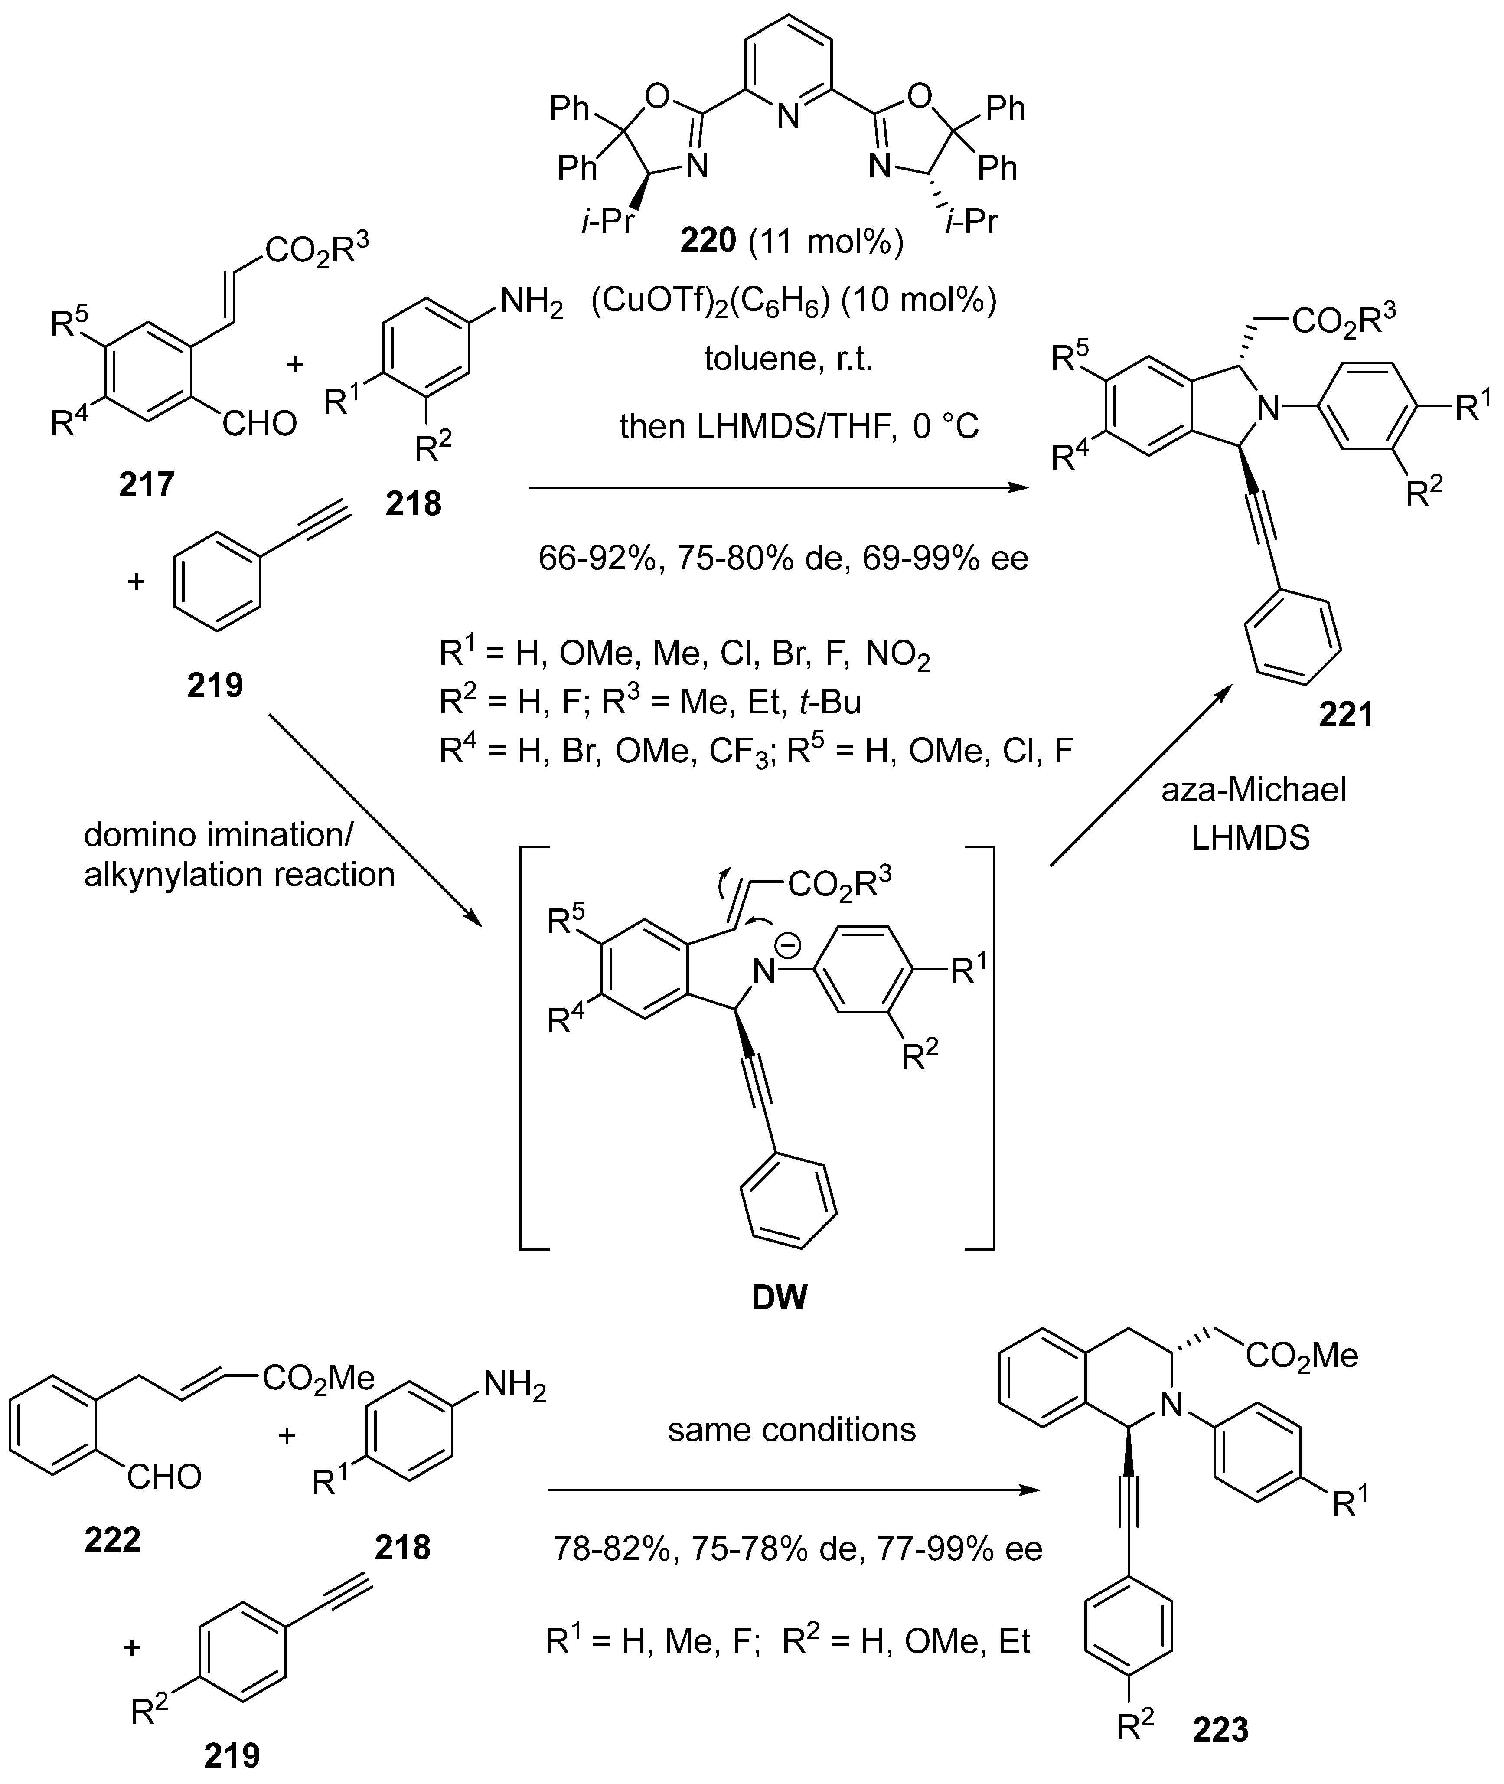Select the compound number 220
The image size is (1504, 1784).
click(708, 242)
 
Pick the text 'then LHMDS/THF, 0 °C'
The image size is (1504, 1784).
click(799, 425)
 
